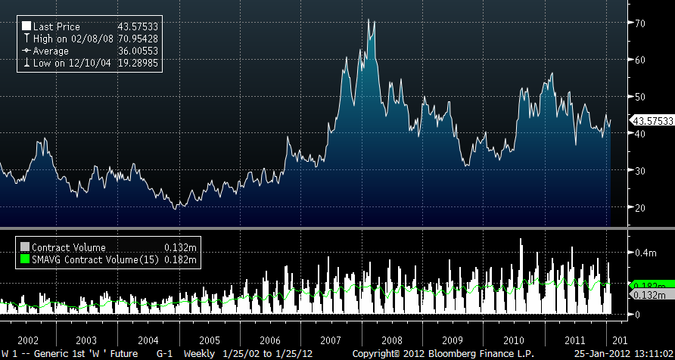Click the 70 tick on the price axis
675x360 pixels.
(x=639, y=23)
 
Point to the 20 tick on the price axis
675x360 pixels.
(x=639, y=208)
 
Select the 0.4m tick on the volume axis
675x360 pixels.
(x=643, y=252)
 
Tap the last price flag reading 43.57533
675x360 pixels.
(x=652, y=121)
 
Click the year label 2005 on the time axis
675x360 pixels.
(x=210, y=340)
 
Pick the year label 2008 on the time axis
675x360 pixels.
(x=392, y=340)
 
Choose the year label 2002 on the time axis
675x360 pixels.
(x=27, y=340)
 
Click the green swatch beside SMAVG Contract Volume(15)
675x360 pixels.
(x=25, y=261)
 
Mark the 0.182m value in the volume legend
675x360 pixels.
(x=182, y=261)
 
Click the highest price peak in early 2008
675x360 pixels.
(x=368, y=20)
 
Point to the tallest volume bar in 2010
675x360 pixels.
(x=521, y=240)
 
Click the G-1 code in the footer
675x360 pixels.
(x=164, y=354)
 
